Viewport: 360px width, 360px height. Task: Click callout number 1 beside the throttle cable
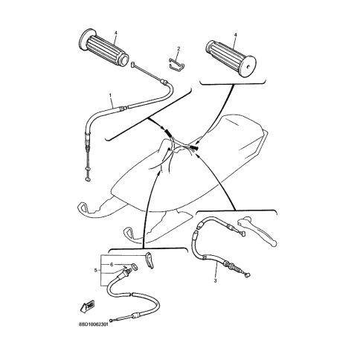tap(111, 95)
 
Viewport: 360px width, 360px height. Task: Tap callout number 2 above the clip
tap(179, 49)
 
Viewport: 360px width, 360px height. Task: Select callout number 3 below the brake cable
tap(215, 280)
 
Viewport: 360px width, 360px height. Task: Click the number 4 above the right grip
tap(235, 35)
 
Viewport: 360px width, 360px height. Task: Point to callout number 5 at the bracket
tap(96, 270)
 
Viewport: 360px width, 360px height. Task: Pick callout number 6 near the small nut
tap(112, 265)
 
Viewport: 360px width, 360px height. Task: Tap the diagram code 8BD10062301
tap(94, 325)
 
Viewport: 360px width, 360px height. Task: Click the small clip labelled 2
tap(176, 63)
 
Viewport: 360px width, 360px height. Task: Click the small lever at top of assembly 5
tap(149, 260)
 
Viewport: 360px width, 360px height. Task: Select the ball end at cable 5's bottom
tap(113, 321)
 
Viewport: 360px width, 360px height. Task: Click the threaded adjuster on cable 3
tap(234, 268)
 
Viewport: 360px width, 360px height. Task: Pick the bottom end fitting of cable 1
tap(87, 179)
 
